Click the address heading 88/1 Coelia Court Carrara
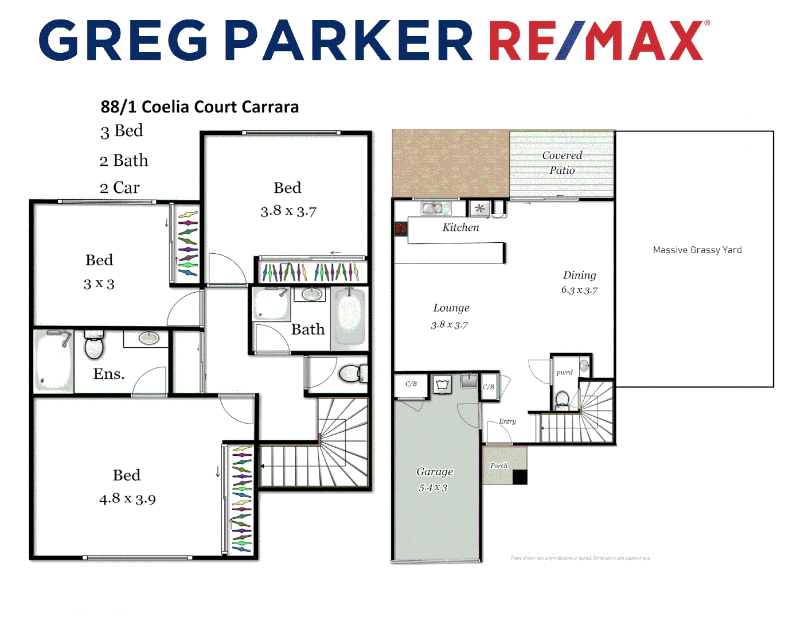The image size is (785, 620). tap(200, 107)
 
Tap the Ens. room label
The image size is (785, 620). tap(109, 374)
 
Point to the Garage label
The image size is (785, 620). tap(435, 471)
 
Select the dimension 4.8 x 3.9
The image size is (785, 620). tap(127, 498)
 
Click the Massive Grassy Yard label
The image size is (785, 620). tap(697, 250)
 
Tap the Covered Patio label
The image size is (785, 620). tap(562, 162)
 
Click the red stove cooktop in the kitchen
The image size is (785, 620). tap(401, 228)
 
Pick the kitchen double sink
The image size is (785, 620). tap(435, 208)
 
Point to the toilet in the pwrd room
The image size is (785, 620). tap(563, 399)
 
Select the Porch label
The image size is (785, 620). tap(499, 466)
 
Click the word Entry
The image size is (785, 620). tap(507, 421)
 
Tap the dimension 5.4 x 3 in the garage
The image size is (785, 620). tap(433, 488)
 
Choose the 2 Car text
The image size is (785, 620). tap(120, 188)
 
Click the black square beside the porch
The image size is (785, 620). tap(520, 477)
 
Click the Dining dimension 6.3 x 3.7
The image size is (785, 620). tap(579, 290)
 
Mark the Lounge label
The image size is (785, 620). tap(451, 308)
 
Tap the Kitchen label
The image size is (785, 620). tap(460, 227)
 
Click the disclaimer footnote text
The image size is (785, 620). tap(580, 558)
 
